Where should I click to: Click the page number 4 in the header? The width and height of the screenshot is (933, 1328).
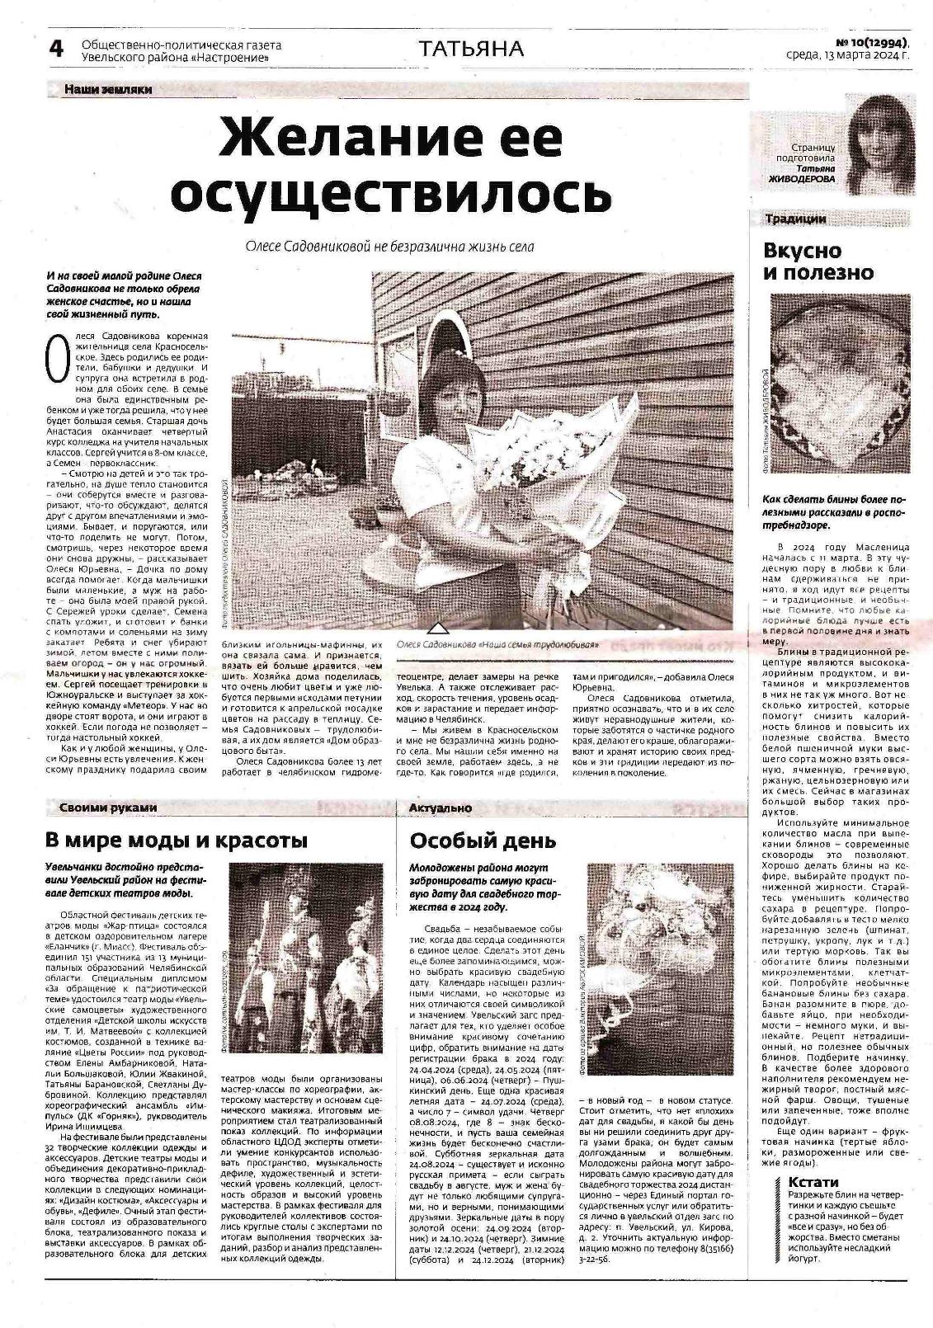point(56,49)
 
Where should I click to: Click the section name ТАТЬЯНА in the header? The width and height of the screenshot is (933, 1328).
point(471,49)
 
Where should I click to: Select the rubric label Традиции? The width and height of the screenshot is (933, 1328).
point(795,219)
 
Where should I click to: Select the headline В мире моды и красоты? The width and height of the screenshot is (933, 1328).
point(176,841)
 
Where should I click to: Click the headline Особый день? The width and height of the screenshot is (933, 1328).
point(483,841)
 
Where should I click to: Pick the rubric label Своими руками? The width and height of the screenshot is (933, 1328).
point(108,808)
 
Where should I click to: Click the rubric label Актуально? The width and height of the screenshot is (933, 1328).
point(441,808)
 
